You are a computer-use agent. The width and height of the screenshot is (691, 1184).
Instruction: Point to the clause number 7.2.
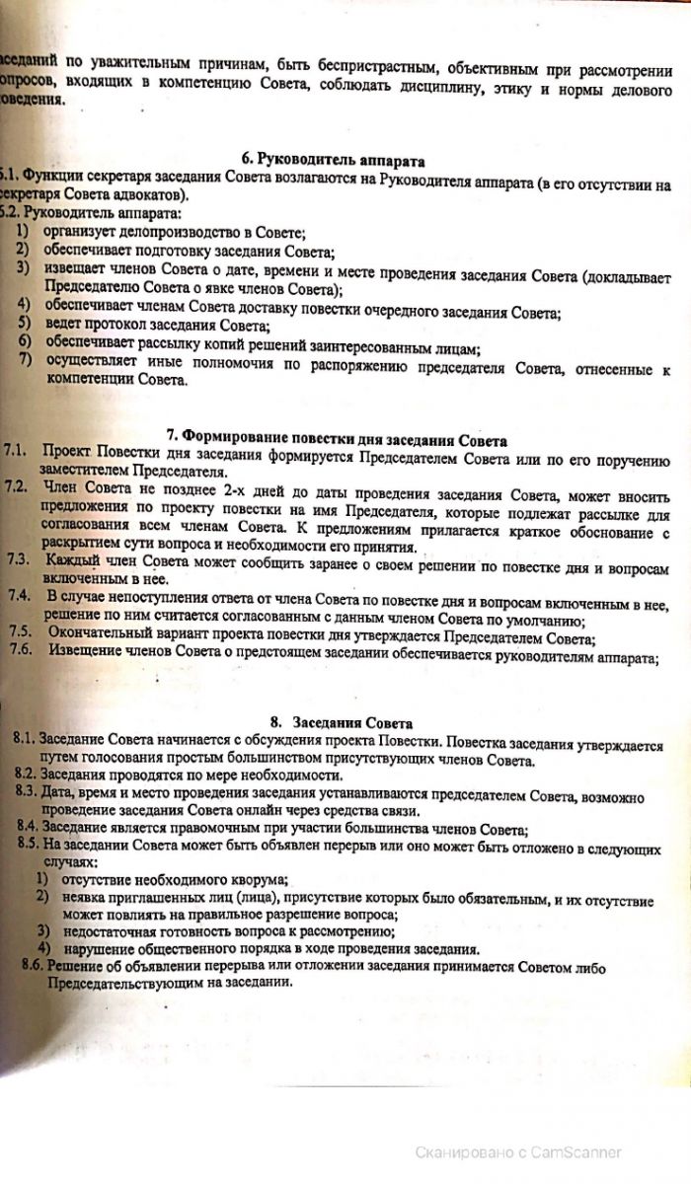16,488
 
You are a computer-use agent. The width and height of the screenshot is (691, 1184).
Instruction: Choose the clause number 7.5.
21,631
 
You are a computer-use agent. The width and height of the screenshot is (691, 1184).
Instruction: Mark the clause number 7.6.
22,648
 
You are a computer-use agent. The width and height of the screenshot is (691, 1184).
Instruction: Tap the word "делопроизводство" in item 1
162,233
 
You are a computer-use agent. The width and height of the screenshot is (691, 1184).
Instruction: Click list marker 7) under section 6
24,360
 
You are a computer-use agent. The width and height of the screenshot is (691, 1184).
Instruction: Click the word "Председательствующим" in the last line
134,984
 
